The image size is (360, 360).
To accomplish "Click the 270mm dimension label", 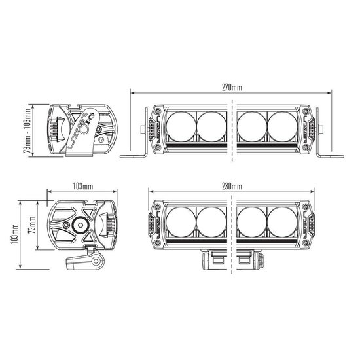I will point(232,87).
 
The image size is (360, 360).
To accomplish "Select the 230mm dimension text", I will point(232,186).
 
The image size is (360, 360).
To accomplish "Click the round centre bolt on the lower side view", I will point(80,224).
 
